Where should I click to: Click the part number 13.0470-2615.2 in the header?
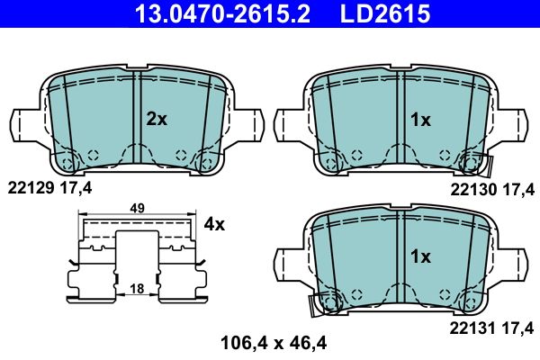pyautogui.click(x=222, y=13)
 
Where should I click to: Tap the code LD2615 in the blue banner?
pyautogui.click(x=385, y=13)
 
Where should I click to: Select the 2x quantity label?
pyautogui.click(x=157, y=119)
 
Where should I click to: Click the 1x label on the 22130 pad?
pyautogui.click(x=420, y=120)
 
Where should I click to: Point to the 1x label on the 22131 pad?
pyautogui.click(x=420, y=256)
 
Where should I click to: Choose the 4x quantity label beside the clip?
pyautogui.click(x=214, y=224)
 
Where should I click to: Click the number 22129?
pyautogui.click(x=31, y=188)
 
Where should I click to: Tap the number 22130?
pyautogui.click(x=473, y=190)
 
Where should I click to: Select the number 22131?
pyautogui.click(x=472, y=328)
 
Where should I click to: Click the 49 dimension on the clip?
pyautogui.click(x=138, y=208)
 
